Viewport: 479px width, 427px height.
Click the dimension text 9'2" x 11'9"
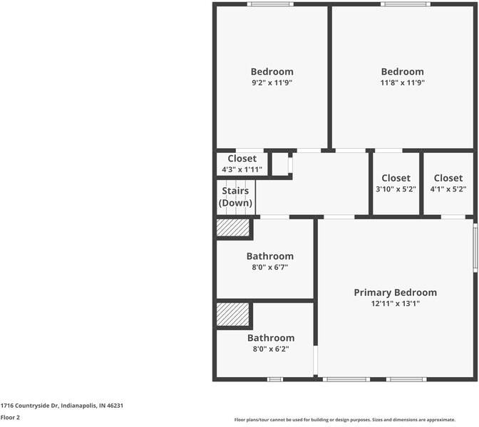272,83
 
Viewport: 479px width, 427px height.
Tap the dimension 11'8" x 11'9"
402,83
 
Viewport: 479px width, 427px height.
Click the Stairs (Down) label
236,196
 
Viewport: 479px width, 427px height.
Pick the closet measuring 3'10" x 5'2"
396,184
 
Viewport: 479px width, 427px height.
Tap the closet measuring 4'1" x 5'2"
448,184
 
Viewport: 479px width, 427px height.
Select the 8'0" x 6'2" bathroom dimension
270,349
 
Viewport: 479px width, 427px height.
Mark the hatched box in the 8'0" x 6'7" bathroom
232,228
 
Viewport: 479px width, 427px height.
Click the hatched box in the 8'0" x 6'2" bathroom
232,315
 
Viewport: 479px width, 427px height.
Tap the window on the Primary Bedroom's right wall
475,247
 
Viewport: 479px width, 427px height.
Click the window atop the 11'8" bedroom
405,4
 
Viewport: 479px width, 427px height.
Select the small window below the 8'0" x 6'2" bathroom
275,379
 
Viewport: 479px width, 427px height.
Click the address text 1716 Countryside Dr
62,405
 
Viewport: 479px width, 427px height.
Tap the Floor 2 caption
10,418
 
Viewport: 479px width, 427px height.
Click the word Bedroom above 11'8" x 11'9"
402,71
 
